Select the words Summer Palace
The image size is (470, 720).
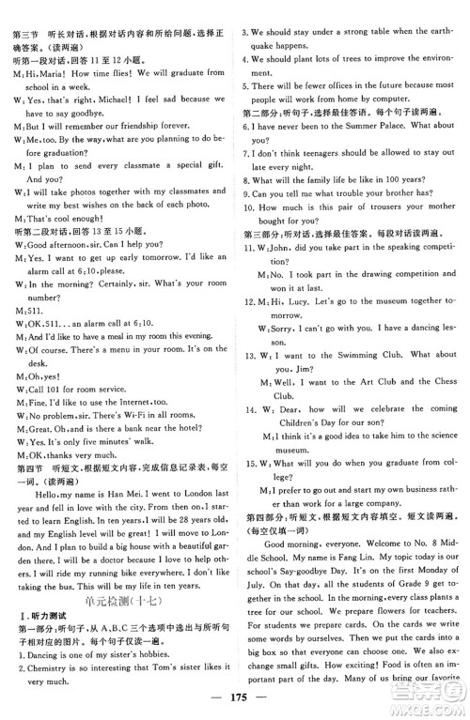coord(381,126)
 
